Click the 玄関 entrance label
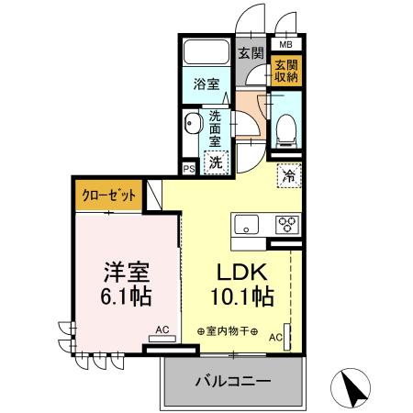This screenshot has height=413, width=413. pos(251,54)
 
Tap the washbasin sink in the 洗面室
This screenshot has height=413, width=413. pos(193,125)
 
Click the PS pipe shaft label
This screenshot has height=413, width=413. pos(188,170)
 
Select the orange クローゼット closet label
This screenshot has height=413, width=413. pos(110,195)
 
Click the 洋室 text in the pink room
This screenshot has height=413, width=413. pos(125,273)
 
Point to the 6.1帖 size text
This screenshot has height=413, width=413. pos(125,298)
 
